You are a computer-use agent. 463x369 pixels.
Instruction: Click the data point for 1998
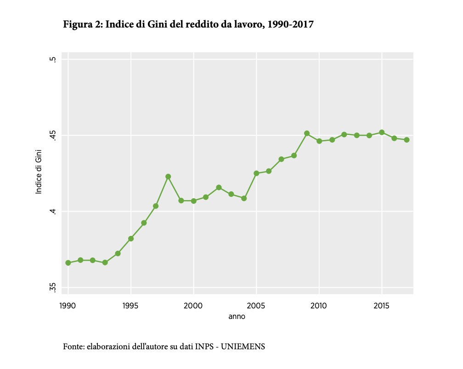pos(168,177)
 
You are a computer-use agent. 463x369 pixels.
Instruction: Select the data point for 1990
pos(68,263)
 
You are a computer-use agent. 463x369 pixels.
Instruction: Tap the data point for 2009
pos(307,134)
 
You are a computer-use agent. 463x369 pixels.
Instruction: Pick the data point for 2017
pos(407,140)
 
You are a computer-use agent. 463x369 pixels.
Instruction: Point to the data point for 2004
pos(244,198)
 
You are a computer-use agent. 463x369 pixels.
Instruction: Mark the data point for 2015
pos(382,133)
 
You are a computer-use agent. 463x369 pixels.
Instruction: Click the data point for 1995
pos(131,239)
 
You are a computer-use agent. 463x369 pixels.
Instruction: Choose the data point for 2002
pos(219,188)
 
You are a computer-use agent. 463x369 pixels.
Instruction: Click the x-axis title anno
pos(237,317)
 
